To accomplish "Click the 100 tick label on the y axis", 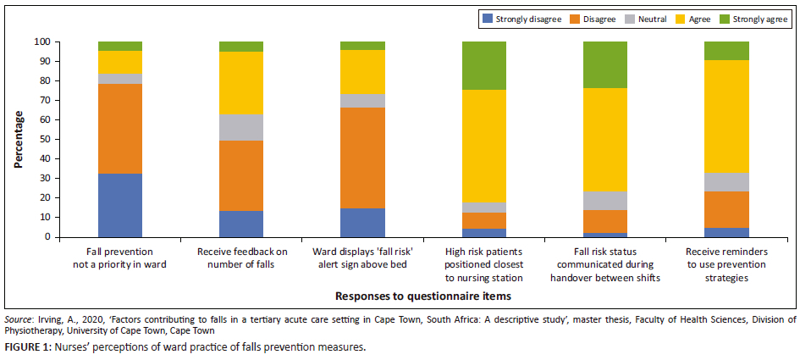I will pos(42,42).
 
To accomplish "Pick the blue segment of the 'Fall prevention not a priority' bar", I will pos(120,205).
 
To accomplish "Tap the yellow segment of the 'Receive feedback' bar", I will pos(241,83).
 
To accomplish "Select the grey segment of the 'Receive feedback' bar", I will pos(241,127).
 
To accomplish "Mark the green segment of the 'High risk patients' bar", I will pos(484,65).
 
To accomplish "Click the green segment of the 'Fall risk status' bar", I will pos(605,64).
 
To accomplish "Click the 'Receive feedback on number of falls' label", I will pos(241,258).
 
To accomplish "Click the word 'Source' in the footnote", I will pos(19,319).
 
